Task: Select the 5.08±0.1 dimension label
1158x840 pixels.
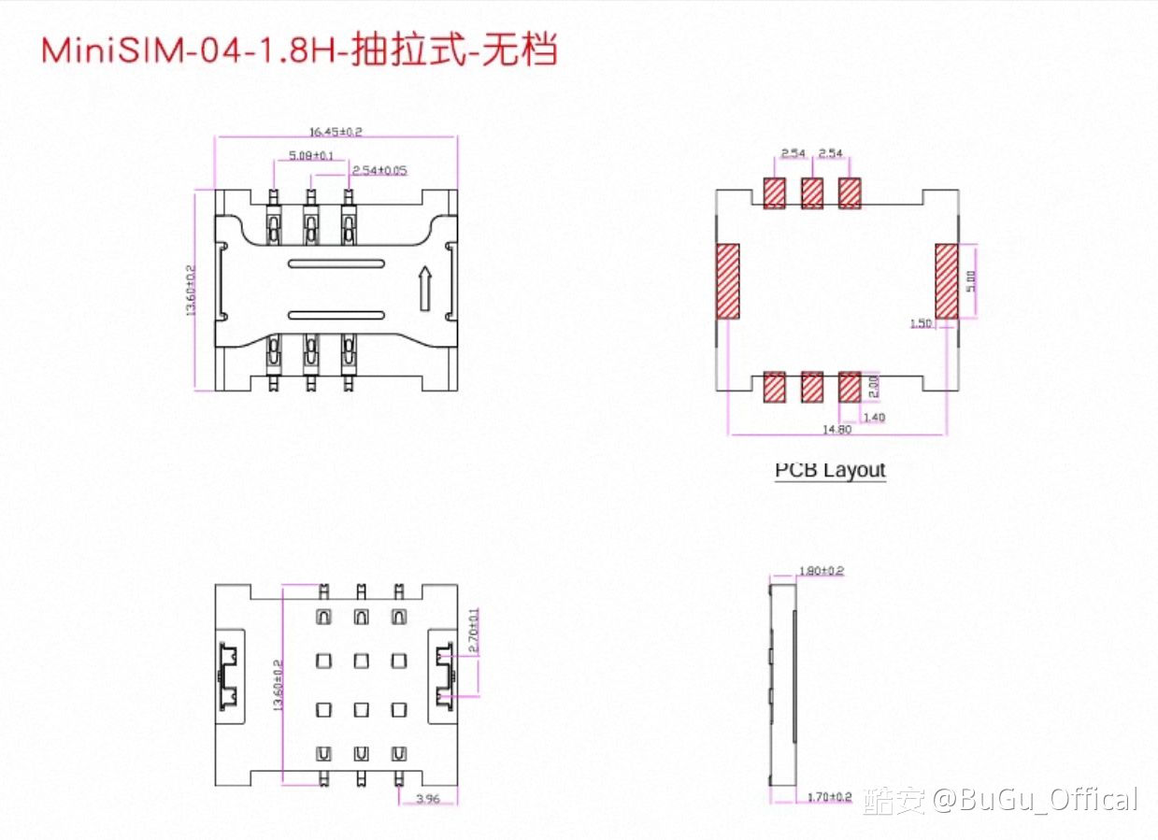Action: (312, 154)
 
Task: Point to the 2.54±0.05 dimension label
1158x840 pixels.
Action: (379, 170)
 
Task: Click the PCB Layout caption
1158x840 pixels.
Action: (830, 469)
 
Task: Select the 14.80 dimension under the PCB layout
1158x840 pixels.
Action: (836, 430)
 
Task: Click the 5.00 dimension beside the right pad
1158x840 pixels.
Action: (970, 280)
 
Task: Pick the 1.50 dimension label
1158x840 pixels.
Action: (921, 323)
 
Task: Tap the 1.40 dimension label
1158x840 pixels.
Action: (873, 417)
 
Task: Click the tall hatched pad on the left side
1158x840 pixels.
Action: (728, 281)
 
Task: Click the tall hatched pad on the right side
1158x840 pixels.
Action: (947, 281)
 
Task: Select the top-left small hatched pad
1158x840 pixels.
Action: (775, 193)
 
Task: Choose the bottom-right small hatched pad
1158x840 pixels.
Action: (850, 387)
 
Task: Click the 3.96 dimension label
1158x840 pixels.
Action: (427, 799)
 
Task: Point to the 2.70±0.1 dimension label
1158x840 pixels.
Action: (475, 632)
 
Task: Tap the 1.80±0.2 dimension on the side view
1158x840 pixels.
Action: (822, 570)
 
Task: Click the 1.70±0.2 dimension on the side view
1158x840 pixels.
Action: (830, 797)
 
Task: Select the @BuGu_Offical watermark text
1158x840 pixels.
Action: (1036, 800)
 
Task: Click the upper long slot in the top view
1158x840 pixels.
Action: (336, 264)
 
